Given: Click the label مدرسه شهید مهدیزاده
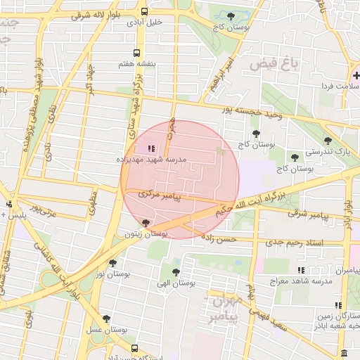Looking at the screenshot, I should (x=152, y=160).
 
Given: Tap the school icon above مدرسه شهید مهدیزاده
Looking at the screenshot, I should (x=150, y=148).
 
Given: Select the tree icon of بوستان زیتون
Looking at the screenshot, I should (x=146, y=223).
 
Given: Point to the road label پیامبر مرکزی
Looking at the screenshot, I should (x=160, y=194).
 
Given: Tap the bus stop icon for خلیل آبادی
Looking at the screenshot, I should (x=144, y=12).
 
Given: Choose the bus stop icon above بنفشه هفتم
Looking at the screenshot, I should (x=136, y=53).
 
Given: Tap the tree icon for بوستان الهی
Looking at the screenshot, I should (x=175, y=271).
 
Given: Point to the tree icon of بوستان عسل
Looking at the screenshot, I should (x=106, y=319).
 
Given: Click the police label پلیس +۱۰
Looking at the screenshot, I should (x=18, y=215).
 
